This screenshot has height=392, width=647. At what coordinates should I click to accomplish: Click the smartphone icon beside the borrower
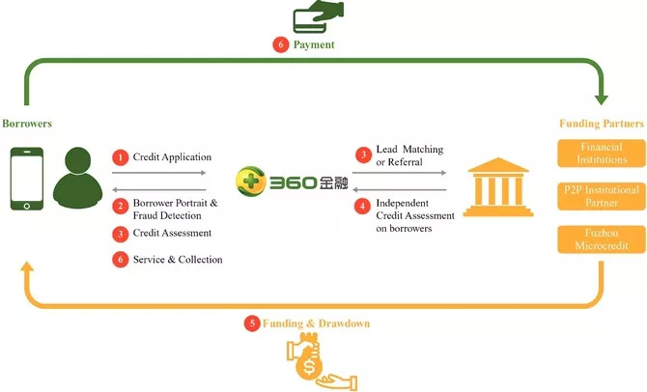[x=27, y=179]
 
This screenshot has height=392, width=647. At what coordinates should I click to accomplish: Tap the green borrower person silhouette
[x=77, y=178]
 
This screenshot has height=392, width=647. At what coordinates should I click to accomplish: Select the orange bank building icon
[x=498, y=187]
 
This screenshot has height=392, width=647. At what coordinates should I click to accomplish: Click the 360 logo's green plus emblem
[x=250, y=181]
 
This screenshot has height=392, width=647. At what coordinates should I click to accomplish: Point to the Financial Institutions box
[x=602, y=154]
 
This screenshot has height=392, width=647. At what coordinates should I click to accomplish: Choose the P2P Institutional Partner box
[x=602, y=196]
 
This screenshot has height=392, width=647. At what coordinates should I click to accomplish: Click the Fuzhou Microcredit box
[x=602, y=239]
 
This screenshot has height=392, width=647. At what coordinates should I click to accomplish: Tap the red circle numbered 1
[x=121, y=157]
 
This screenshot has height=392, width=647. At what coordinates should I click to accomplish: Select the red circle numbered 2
[x=121, y=206]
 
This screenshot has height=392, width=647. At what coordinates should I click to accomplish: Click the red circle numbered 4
[x=363, y=206]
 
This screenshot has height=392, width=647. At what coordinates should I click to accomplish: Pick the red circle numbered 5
[x=252, y=323]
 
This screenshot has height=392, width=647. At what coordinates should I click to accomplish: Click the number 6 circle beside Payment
[x=281, y=44]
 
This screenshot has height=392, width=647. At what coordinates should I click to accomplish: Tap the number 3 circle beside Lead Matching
[x=363, y=154]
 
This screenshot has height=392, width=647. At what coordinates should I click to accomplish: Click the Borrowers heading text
[x=27, y=124]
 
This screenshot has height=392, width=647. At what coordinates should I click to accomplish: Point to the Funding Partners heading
[x=602, y=124]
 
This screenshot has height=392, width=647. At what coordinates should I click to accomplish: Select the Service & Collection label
[x=178, y=260]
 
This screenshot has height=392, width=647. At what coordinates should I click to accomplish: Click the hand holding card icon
[x=318, y=16]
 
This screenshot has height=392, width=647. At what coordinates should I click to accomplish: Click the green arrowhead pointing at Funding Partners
[x=602, y=99]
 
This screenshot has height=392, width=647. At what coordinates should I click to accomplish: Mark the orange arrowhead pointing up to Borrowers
[x=27, y=266]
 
